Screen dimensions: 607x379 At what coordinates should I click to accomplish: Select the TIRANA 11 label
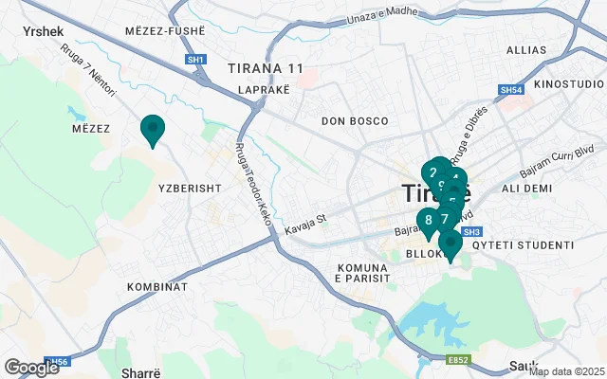click(266, 68)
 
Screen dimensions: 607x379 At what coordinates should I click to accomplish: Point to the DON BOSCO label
click(355, 121)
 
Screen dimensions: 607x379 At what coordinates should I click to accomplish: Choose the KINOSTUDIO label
click(568, 85)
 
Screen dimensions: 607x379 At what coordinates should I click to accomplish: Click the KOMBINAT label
click(156, 286)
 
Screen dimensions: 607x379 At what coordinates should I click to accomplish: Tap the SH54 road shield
click(511, 90)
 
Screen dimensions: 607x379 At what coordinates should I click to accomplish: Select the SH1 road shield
click(196, 59)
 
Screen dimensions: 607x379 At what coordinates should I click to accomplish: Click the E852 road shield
click(458, 360)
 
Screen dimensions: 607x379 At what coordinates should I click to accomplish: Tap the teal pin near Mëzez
click(152, 129)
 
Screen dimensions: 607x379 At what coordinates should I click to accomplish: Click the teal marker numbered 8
click(429, 221)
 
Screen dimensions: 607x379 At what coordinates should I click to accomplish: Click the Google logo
click(31, 368)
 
